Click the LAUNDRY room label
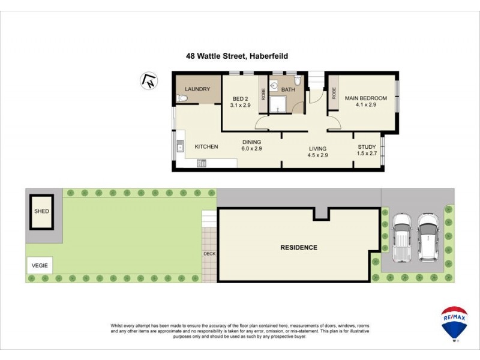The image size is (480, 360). pos(197,89)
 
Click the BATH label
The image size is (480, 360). pos(288,89)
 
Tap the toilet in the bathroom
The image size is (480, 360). pos(298,82)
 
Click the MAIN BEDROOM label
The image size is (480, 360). pos(365,98)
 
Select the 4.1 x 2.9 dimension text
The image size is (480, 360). pos(365,106)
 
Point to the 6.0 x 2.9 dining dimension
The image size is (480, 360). pos(252,148)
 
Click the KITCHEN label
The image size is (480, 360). pos(206,146)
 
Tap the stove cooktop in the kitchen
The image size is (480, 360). pos(202,163)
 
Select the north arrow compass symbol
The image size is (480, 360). pos(147,80)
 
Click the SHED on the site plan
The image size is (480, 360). pos(41,211)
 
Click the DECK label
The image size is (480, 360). pos(209,253)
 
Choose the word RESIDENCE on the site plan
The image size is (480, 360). pos(299,247)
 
